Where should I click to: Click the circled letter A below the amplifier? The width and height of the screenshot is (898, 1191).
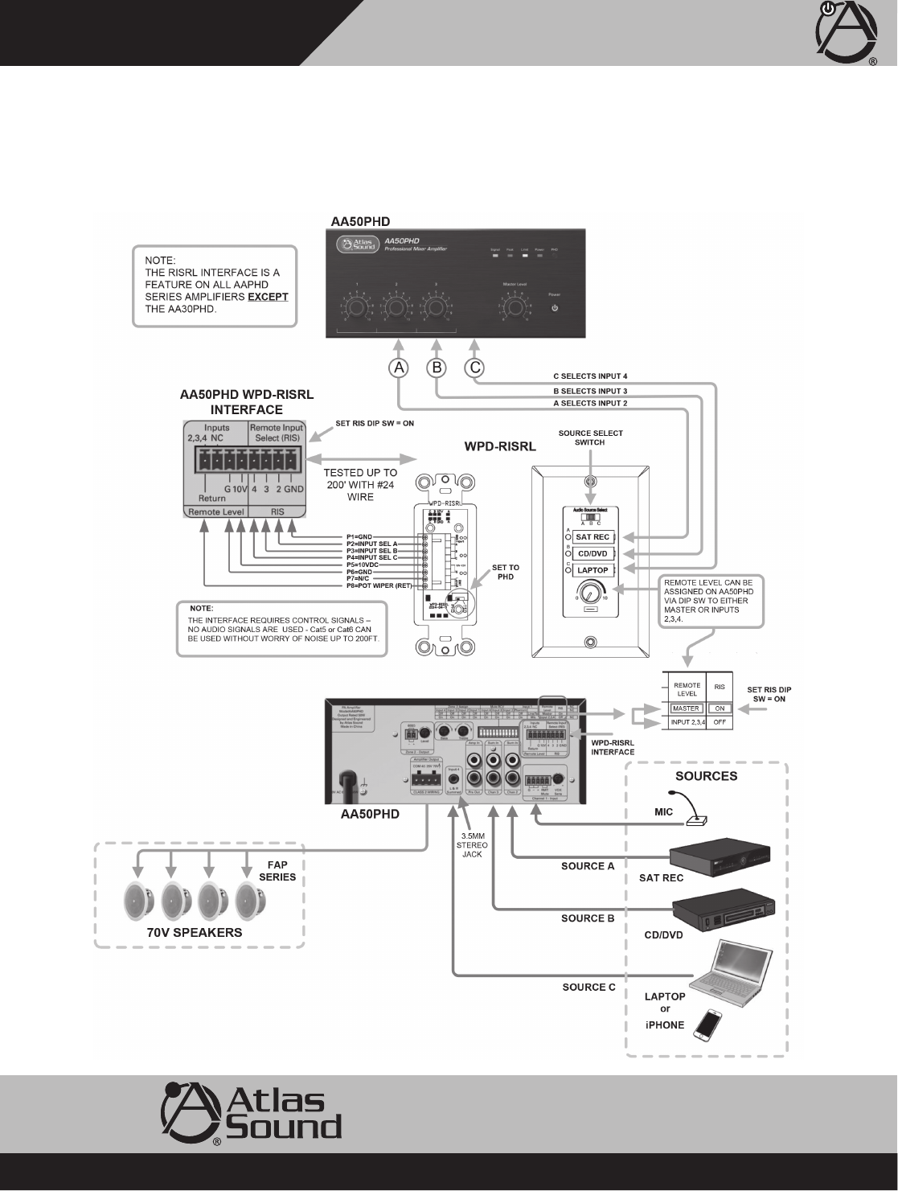399,368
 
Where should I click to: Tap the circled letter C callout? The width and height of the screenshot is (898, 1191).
475,368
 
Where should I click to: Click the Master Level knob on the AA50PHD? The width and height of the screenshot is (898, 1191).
514,307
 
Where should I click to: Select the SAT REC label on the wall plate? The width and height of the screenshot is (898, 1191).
593,537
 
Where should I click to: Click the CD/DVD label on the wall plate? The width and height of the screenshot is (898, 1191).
593,554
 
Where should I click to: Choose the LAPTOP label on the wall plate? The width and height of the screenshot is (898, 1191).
593,570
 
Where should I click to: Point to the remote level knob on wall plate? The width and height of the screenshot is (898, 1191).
590,594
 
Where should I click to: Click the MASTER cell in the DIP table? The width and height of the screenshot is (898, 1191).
686,708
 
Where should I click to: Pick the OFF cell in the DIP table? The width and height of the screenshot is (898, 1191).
720,723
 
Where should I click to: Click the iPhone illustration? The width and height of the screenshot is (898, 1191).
708,1025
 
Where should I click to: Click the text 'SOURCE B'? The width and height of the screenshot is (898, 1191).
588,918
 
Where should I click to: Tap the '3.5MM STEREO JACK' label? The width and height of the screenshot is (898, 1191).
472,846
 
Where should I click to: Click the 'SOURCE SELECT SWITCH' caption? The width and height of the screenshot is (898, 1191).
591,437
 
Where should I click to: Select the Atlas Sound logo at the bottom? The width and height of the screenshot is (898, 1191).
252,1114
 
